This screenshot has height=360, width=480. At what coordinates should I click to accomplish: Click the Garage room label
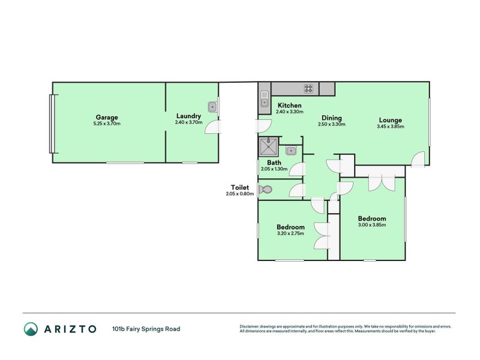pyautogui.click(x=107, y=117)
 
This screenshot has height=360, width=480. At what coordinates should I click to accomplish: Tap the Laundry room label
pyautogui.click(x=188, y=116)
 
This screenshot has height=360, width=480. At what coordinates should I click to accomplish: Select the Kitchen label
pyautogui.click(x=289, y=106)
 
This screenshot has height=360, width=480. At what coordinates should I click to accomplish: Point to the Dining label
pyautogui.click(x=331, y=118)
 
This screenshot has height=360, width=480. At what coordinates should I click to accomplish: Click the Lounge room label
pyautogui.click(x=390, y=120)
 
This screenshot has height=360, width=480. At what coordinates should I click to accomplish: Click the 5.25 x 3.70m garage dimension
pyautogui.click(x=107, y=124)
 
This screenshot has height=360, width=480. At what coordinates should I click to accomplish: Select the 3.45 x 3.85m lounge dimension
pyautogui.click(x=390, y=127)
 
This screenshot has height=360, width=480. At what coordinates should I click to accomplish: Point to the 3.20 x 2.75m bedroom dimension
pyautogui.click(x=290, y=233)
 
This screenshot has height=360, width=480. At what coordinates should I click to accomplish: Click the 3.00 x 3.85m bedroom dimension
pyautogui.click(x=371, y=225)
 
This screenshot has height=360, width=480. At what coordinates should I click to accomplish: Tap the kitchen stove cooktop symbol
pyautogui.click(x=309, y=89)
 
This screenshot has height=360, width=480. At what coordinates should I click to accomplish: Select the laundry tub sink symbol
pyautogui.click(x=212, y=107)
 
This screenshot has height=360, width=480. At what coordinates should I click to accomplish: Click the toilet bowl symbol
pyautogui.click(x=265, y=190)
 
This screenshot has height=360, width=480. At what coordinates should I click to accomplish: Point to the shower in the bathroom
pyautogui.click(x=268, y=146)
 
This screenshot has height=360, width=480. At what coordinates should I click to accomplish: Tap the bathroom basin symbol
pyautogui.click(x=291, y=150)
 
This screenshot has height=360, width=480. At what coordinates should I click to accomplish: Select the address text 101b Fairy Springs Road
pyautogui.click(x=146, y=329)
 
